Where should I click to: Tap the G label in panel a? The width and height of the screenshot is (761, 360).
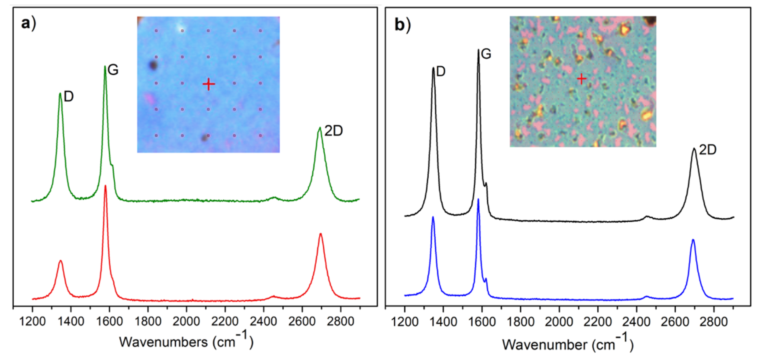tap(113, 70)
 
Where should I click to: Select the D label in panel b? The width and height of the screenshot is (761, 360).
tap(440, 71)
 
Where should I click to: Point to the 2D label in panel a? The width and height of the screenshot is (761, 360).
tap(334, 131)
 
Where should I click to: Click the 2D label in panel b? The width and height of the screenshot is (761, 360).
tap(708, 150)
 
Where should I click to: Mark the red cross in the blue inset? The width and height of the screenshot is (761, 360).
tap(209, 84)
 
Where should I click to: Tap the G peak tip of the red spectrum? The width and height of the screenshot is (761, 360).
tap(105, 186)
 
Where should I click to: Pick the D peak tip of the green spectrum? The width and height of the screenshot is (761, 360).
tap(60, 93)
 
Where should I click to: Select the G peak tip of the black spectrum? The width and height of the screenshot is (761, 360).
tap(478, 50)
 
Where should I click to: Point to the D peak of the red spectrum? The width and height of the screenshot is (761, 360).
tap(61, 261)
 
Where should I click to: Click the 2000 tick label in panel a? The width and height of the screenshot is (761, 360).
tap(186, 321)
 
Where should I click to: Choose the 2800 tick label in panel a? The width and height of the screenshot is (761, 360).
tap(340, 321)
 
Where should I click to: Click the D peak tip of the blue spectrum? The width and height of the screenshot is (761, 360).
tap(433, 217)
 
